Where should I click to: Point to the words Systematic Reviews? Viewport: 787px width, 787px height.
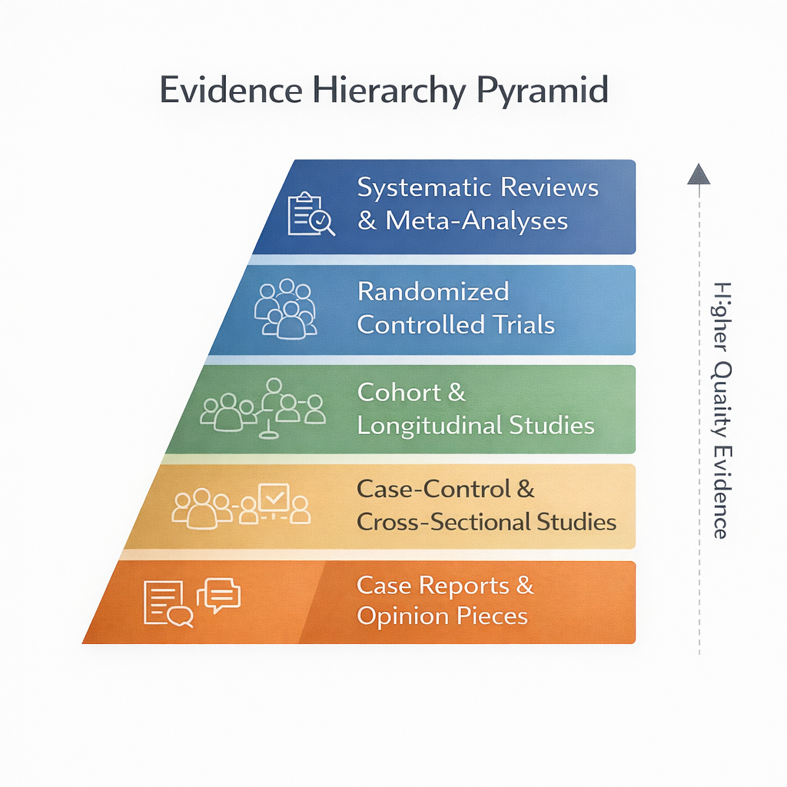pos(478,188)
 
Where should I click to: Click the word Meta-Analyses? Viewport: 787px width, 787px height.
pos(477,221)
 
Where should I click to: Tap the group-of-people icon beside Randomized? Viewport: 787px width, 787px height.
pos(285,309)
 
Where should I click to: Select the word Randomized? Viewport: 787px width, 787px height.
pos(433,292)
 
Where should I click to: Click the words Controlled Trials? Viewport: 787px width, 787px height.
pos(456,325)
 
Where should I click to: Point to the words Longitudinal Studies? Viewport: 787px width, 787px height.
pos(476,426)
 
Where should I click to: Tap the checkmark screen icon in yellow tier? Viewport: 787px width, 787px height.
pos(274,498)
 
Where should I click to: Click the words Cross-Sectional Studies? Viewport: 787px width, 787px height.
pos(486,523)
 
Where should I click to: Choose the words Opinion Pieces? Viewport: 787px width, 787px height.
pos(443,616)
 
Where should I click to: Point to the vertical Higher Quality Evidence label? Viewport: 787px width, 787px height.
pos(720,410)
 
